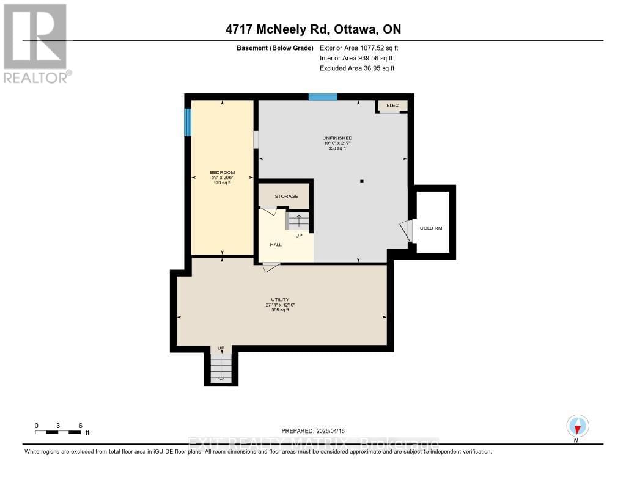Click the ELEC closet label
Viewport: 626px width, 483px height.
(392, 106)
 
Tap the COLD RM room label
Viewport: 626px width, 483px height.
(430, 228)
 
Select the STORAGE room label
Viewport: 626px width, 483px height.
(286, 196)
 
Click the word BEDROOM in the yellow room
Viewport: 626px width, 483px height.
(222, 172)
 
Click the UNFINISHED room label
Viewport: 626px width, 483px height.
(337, 138)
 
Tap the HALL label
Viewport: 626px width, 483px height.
(276, 244)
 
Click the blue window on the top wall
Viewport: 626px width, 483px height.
(323, 96)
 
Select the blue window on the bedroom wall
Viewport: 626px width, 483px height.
(188, 122)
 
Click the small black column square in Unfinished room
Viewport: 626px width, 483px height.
(362, 181)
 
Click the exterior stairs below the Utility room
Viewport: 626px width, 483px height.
(221, 368)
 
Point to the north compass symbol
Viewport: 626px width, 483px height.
(577, 426)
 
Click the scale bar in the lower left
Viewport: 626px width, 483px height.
(59, 432)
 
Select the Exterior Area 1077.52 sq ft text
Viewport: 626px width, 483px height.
(359, 48)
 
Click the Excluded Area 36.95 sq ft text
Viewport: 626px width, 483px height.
(357, 68)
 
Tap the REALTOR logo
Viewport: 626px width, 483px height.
(36, 43)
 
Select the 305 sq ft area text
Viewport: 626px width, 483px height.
(280, 310)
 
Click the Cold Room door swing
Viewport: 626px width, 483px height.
(406, 231)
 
